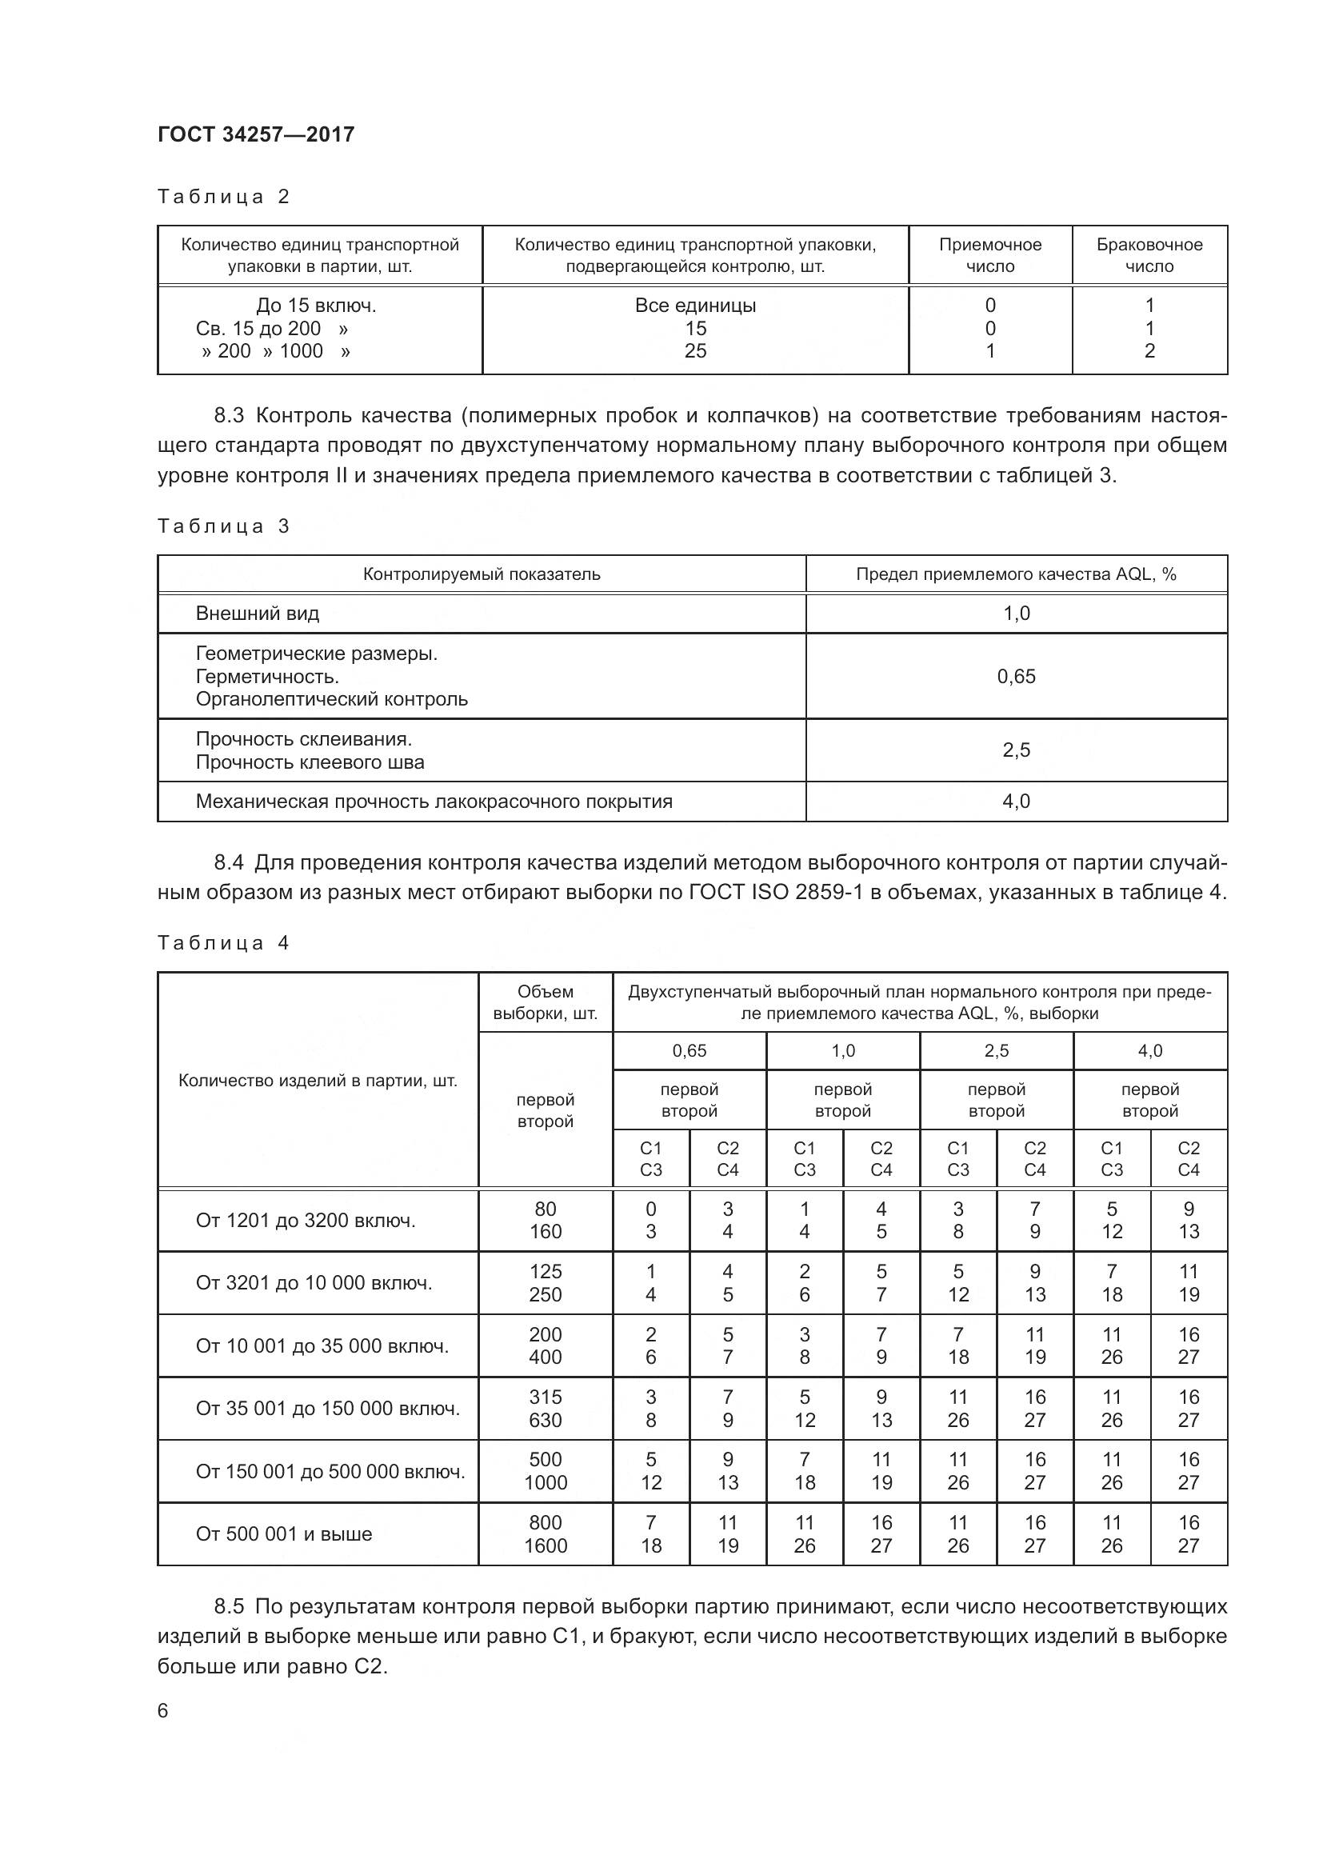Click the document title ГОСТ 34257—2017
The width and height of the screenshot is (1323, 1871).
256,134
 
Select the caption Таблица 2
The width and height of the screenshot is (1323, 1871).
223,197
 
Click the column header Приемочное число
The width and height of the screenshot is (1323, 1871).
989,255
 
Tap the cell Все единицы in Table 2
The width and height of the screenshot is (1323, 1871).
695,306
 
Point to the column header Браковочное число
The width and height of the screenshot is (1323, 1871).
1149,255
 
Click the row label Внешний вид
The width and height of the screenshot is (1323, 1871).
258,614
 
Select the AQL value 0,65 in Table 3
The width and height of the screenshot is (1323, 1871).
1016,677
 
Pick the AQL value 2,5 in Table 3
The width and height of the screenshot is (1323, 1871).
1016,750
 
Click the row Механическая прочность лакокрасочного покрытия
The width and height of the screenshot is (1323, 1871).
434,801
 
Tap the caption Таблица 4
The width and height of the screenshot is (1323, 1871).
223,943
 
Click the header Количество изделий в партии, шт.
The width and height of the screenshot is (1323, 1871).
318,1081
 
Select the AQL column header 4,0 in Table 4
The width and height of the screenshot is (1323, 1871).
1149,1050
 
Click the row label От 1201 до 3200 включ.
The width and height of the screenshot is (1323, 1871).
306,1220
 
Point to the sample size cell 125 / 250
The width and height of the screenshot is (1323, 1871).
545,1282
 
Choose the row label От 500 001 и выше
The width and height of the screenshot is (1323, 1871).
283,1533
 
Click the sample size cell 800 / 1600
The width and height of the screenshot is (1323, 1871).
545,1533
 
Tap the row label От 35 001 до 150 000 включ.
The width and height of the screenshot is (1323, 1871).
327,1408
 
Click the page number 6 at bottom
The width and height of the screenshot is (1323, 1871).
163,1709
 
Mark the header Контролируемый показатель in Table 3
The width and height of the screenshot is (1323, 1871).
482,574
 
